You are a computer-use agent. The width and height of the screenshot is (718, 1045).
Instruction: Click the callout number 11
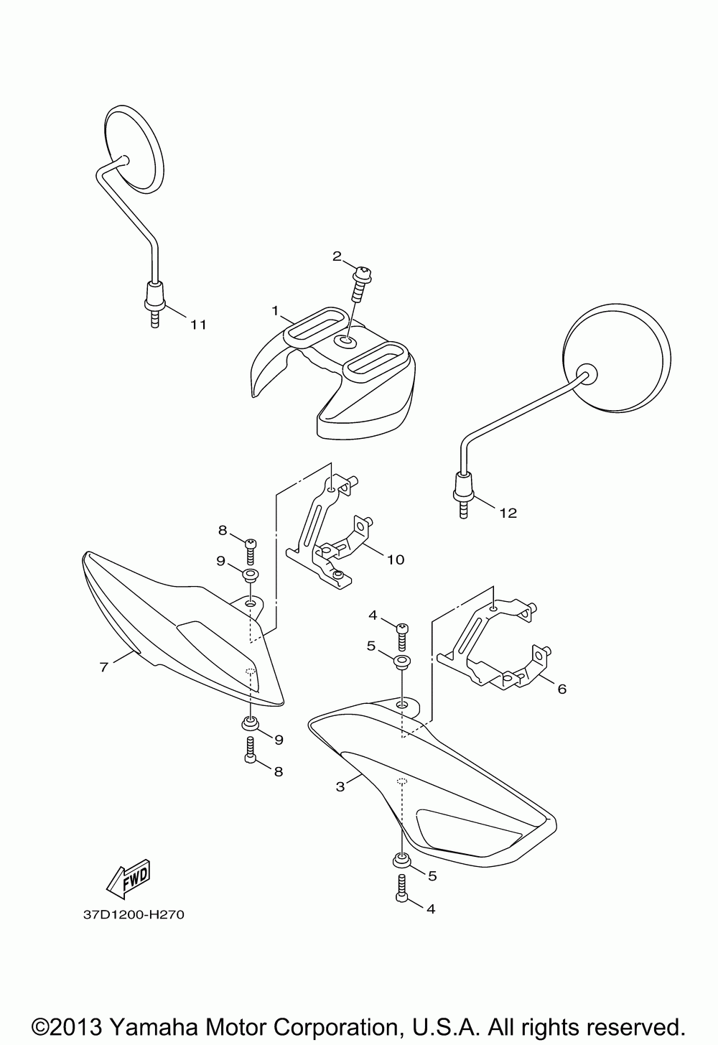tap(197, 325)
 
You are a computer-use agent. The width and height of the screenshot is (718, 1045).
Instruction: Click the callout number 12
tap(508, 513)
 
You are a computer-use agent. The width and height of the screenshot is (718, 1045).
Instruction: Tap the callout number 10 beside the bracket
tap(395, 559)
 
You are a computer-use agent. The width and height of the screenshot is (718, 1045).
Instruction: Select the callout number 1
tap(274, 310)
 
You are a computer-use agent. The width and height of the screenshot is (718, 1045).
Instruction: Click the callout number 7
tap(103, 667)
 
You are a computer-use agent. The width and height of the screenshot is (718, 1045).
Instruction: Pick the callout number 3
tap(340, 786)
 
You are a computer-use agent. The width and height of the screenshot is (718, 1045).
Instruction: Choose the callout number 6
tap(561, 689)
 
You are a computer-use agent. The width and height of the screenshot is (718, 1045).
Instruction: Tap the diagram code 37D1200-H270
tap(129, 916)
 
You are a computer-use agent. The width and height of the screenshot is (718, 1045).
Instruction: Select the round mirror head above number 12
tap(618, 359)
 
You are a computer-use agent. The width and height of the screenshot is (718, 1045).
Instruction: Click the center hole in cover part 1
tap(347, 341)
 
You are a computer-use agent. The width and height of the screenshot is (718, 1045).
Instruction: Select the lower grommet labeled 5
tap(401, 860)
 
